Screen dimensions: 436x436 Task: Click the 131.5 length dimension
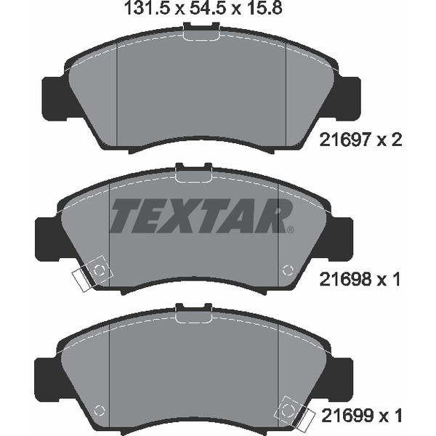(146, 8)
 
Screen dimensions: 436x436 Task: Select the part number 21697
(345, 140)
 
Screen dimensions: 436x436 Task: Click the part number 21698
(345, 279)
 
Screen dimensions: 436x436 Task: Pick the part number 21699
(347, 416)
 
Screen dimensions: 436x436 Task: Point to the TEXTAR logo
(201, 216)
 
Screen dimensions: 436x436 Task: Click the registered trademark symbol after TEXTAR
(290, 230)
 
